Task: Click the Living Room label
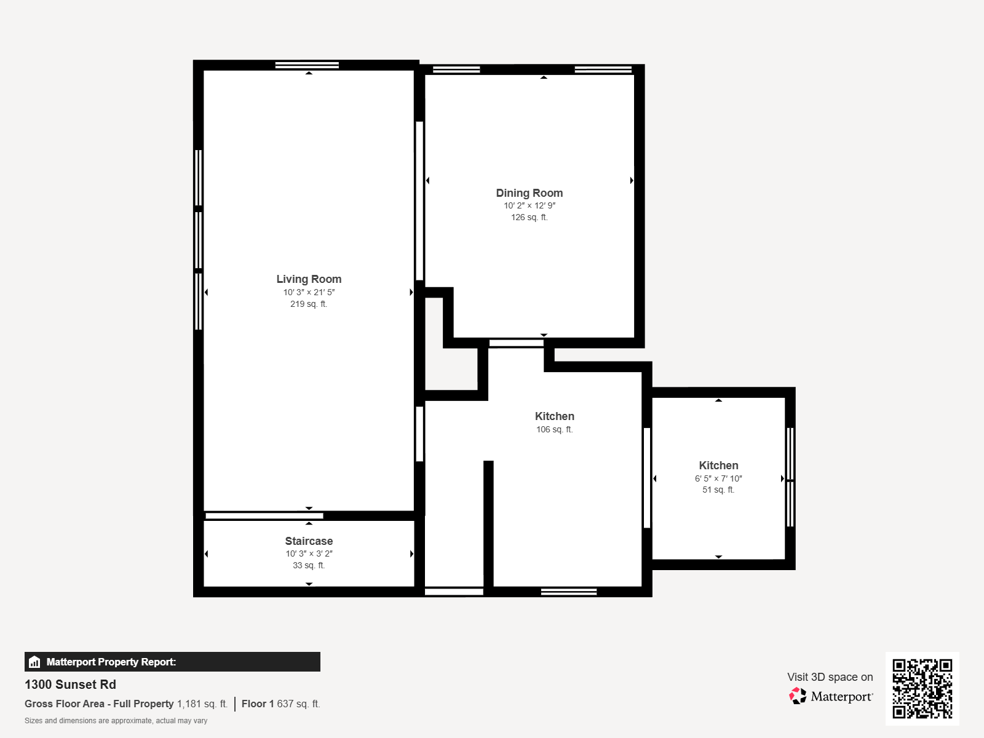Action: pos(309,279)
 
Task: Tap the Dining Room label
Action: pos(529,193)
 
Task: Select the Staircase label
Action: pos(309,541)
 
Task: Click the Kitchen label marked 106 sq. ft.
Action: pos(554,416)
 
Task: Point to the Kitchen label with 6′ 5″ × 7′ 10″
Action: pos(718,466)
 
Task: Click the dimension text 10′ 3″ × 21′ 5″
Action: pos(309,292)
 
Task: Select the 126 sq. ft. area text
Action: pos(529,217)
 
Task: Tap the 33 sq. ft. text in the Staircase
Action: pos(309,565)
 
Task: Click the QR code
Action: pos(922,688)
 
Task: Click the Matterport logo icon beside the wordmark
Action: pos(798,696)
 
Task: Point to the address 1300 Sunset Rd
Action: pos(70,684)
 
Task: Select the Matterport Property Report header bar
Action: pos(172,662)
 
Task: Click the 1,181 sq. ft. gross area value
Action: pos(202,704)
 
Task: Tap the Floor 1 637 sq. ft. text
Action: pos(280,704)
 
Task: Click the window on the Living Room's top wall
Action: pos(307,65)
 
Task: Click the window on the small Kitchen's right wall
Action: pos(790,477)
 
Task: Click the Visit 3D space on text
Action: pos(830,677)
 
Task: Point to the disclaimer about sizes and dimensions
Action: pos(116,721)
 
